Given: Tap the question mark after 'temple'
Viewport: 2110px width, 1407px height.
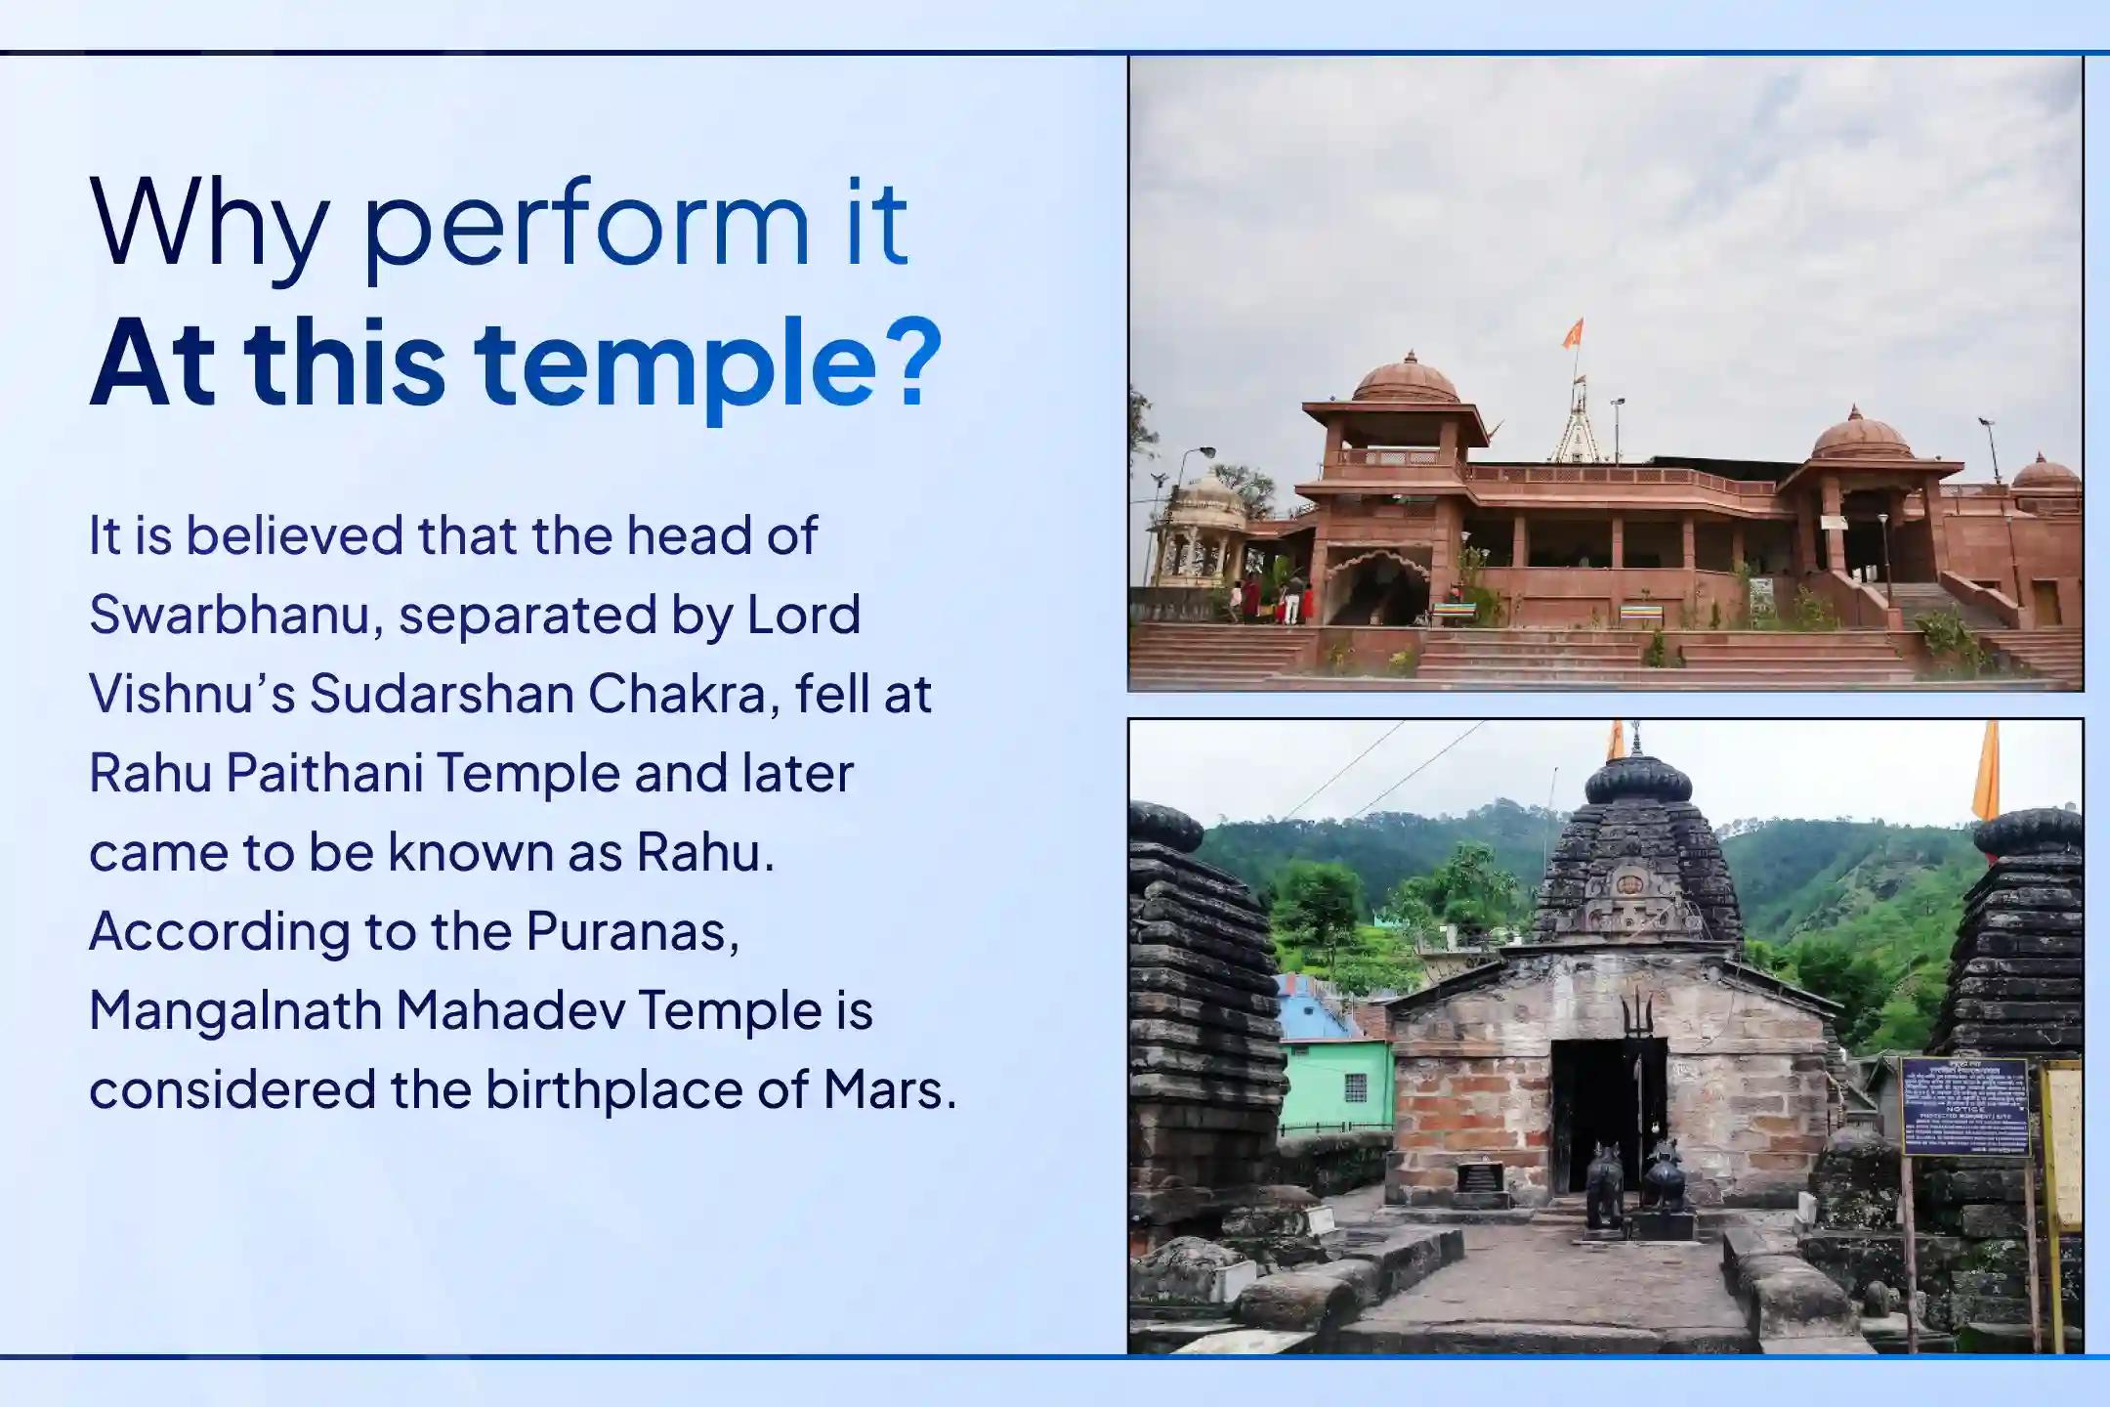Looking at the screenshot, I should pos(918,362).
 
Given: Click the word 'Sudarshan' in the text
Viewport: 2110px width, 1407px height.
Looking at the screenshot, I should pos(441,694).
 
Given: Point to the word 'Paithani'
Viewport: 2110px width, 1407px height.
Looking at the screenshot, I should pos(324,773).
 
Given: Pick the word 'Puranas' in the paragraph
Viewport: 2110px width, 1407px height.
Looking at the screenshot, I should pos(632,931).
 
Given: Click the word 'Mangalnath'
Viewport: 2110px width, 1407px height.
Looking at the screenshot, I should pos(234,1010).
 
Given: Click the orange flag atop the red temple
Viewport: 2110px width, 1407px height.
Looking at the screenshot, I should pos(1572,334).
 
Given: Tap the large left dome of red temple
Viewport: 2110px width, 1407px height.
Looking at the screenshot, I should pos(1406,379).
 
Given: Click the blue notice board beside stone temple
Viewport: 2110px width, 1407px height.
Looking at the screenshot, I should pos(1964,1106).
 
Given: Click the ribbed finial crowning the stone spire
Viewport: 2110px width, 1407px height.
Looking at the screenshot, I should pos(1637,780).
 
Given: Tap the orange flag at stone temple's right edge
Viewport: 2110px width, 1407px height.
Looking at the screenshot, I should pos(1987,772).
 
